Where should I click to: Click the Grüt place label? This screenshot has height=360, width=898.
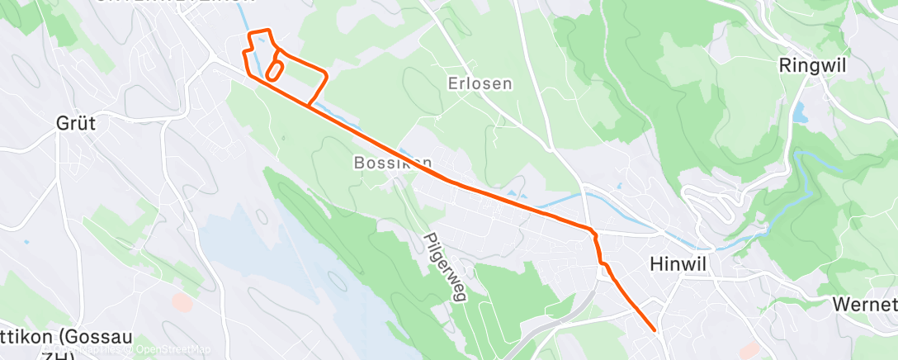click(x=75, y=124)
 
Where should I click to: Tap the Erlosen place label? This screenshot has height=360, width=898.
click(x=480, y=83)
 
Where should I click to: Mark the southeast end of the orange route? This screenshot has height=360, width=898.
click(x=655, y=330)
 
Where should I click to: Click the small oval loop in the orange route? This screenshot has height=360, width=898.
click(x=276, y=69)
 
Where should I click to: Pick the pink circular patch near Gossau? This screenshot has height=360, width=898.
click(x=182, y=302)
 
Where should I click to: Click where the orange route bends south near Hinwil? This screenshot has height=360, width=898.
click(x=592, y=231)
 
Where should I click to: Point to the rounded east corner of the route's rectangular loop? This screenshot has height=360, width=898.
click(x=326, y=76)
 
